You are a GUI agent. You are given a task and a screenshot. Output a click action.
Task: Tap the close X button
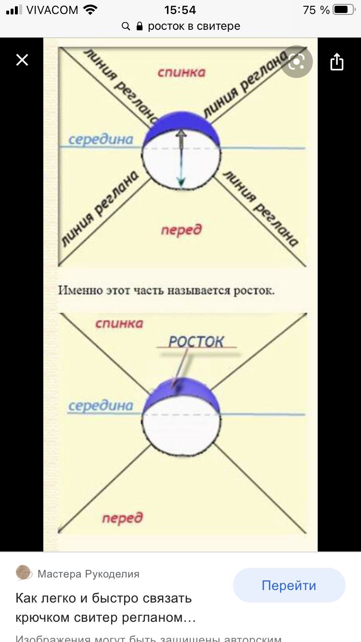[22, 60]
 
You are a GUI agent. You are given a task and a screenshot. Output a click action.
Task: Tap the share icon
[337, 62]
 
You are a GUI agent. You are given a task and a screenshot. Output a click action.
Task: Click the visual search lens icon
[297, 62]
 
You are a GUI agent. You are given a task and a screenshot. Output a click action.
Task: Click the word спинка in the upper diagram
[181, 72]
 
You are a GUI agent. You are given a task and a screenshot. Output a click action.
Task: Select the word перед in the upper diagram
[181, 230]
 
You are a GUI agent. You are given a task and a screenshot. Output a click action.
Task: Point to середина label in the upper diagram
[101, 140]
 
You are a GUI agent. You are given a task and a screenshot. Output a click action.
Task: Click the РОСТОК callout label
[196, 342]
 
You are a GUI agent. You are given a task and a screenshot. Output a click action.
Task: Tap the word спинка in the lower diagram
[119, 323]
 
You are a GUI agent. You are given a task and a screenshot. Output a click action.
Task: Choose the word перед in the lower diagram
[122, 518]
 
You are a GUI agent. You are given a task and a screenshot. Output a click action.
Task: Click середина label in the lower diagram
[101, 406]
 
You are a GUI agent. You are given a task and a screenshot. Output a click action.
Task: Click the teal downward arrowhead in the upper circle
[181, 182]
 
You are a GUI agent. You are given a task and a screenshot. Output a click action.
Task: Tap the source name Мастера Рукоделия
[89, 574]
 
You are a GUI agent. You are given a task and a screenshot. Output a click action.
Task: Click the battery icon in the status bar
[343, 10]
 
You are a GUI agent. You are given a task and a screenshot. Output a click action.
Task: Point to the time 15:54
[180, 10]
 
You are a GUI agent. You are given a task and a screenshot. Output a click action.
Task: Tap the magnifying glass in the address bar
[126, 26]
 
